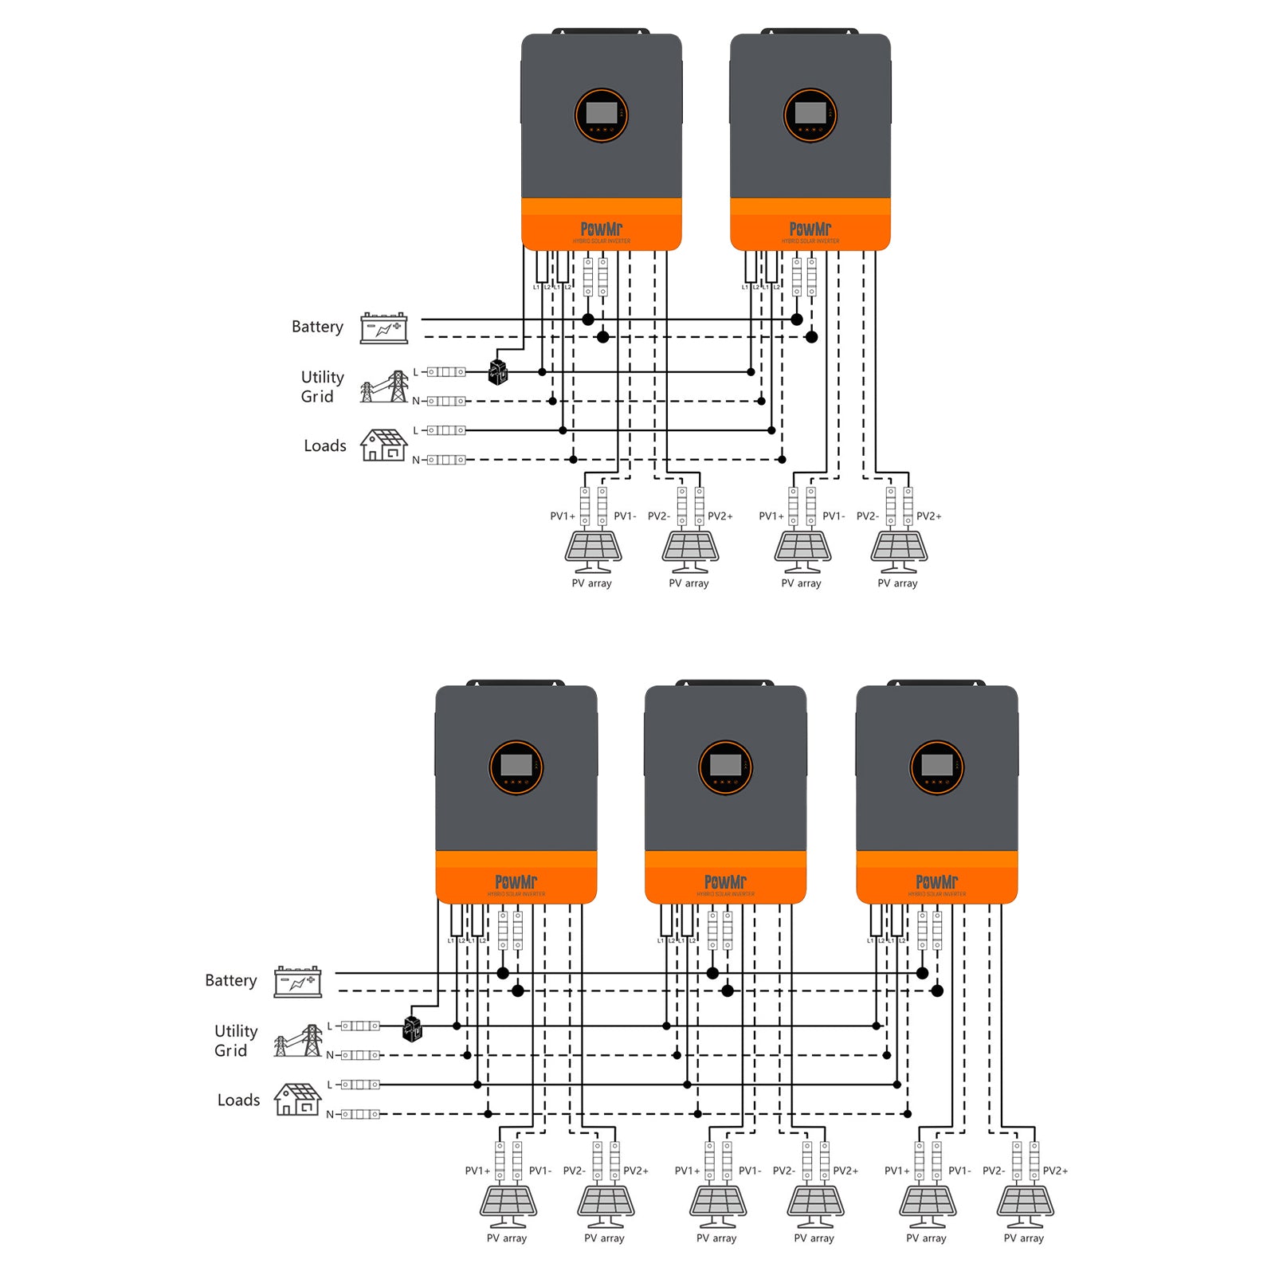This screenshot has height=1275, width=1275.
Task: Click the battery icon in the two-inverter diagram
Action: click(383, 328)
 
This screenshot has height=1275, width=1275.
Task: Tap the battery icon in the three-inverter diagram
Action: click(297, 982)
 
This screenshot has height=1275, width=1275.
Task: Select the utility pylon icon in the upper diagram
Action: click(384, 387)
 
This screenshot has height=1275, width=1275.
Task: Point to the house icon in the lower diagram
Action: click(297, 1100)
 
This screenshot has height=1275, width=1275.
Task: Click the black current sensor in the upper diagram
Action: click(498, 372)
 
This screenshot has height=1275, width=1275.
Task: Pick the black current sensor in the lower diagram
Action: click(412, 1028)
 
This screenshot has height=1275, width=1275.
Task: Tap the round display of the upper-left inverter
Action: click(602, 116)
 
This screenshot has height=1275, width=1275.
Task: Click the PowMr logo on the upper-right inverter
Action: click(810, 229)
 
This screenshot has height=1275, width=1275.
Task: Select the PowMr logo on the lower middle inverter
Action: click(725, 882)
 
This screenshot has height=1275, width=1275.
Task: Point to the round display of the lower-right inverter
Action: click(937, 767)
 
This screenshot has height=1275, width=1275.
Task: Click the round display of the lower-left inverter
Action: click(516, 767)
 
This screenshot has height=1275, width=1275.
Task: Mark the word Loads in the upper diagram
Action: click(324, 446)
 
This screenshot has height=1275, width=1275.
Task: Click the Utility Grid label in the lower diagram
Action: click(235, 1041)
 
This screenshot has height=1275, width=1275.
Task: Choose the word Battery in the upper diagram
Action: click(317, 327)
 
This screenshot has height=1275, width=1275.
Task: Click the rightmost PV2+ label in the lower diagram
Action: click(1055, 1171)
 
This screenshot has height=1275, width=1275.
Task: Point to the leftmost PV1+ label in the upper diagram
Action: click(563, 516)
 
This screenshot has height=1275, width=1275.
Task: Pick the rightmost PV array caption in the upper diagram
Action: click(897, 583)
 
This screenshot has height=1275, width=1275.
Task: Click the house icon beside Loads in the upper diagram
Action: click(383, 445)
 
